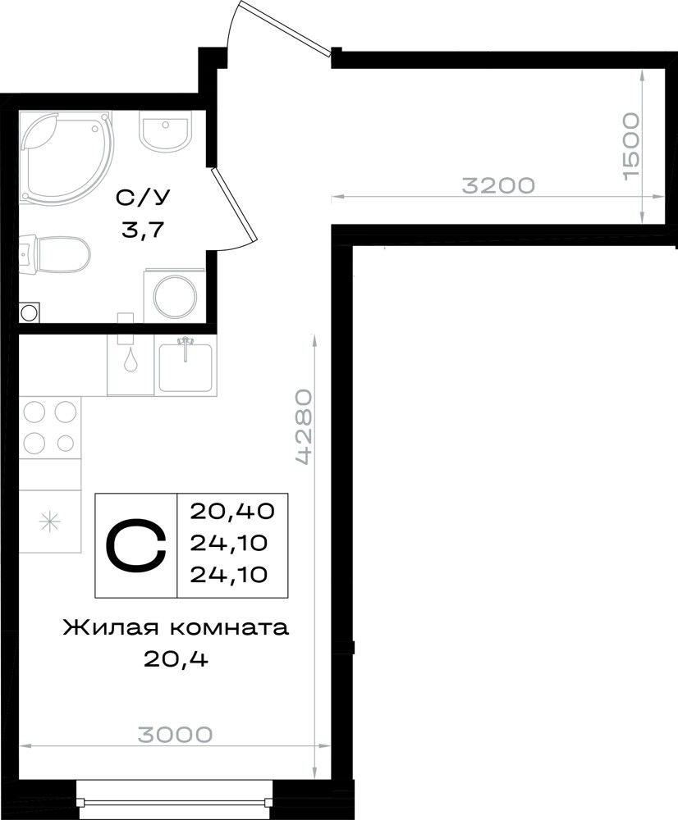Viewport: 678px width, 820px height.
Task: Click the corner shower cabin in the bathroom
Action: pos(66,156)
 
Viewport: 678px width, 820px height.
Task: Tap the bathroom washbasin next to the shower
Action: pos(163,130)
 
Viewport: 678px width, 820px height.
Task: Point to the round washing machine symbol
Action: pos(175,296)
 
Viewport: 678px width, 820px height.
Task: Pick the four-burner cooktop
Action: pos(50,426)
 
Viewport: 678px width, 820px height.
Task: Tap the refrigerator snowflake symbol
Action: pos(51,522)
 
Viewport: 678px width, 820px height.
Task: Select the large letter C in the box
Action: pos(136,544)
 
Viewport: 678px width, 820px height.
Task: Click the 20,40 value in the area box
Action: pos(232,510)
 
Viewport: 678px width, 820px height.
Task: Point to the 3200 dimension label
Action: pos(498,185)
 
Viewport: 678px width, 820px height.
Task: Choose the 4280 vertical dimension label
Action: pos(305,426)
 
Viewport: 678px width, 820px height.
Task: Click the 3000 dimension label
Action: pos(176,734)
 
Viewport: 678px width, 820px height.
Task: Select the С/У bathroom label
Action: pos(142,198)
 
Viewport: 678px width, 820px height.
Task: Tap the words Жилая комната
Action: pos(176,627)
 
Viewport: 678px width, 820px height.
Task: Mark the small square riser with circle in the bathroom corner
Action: pos(30,313)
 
